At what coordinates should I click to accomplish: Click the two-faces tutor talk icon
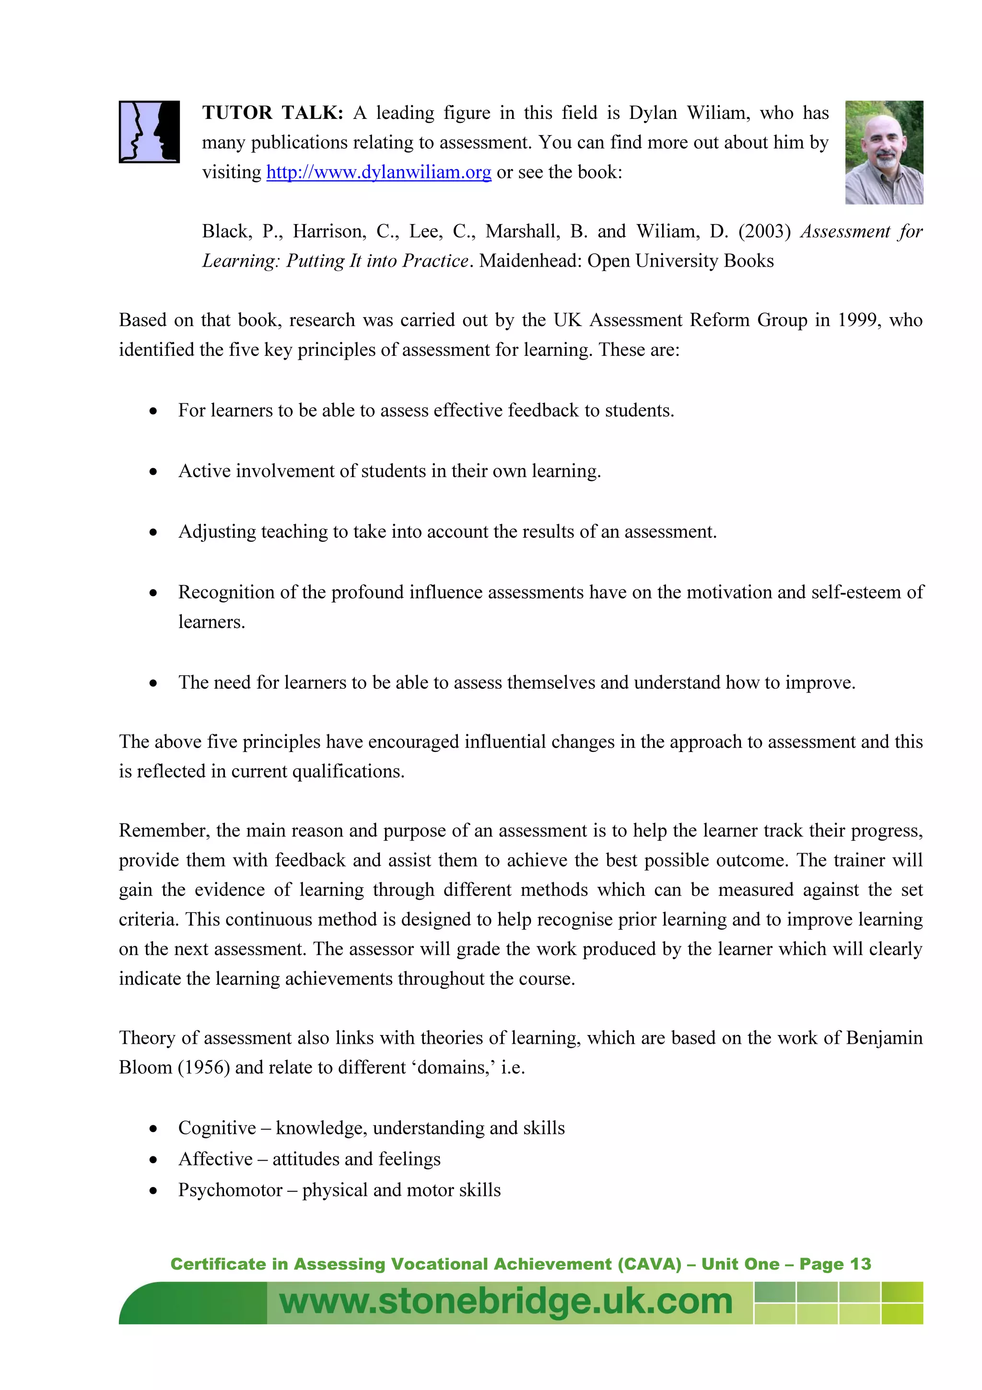click(149, 131)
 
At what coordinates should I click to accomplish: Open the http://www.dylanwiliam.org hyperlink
click(378, 173)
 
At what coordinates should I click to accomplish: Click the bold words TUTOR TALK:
click(272, 113)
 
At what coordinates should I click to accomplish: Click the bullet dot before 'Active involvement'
click(154, 471)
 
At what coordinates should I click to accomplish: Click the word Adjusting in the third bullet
click(217, 532)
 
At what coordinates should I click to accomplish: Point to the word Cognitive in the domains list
click(217, 1128)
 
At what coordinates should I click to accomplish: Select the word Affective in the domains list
click(215, 1159)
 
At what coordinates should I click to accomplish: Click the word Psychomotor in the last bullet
click(230, 1190)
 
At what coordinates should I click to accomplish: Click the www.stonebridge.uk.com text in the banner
click(506, 1302)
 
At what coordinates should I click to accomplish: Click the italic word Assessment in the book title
click(845, 231)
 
